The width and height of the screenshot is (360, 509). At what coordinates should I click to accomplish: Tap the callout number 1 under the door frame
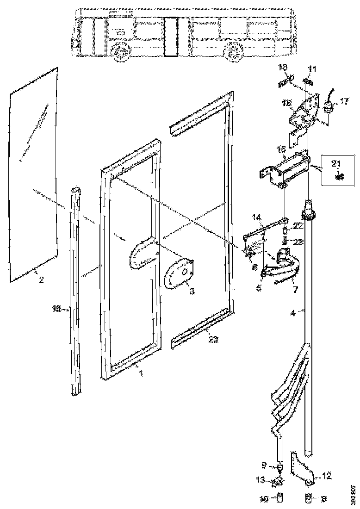point(141,372)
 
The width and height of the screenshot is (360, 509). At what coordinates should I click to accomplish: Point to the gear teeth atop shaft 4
point(309,214)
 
